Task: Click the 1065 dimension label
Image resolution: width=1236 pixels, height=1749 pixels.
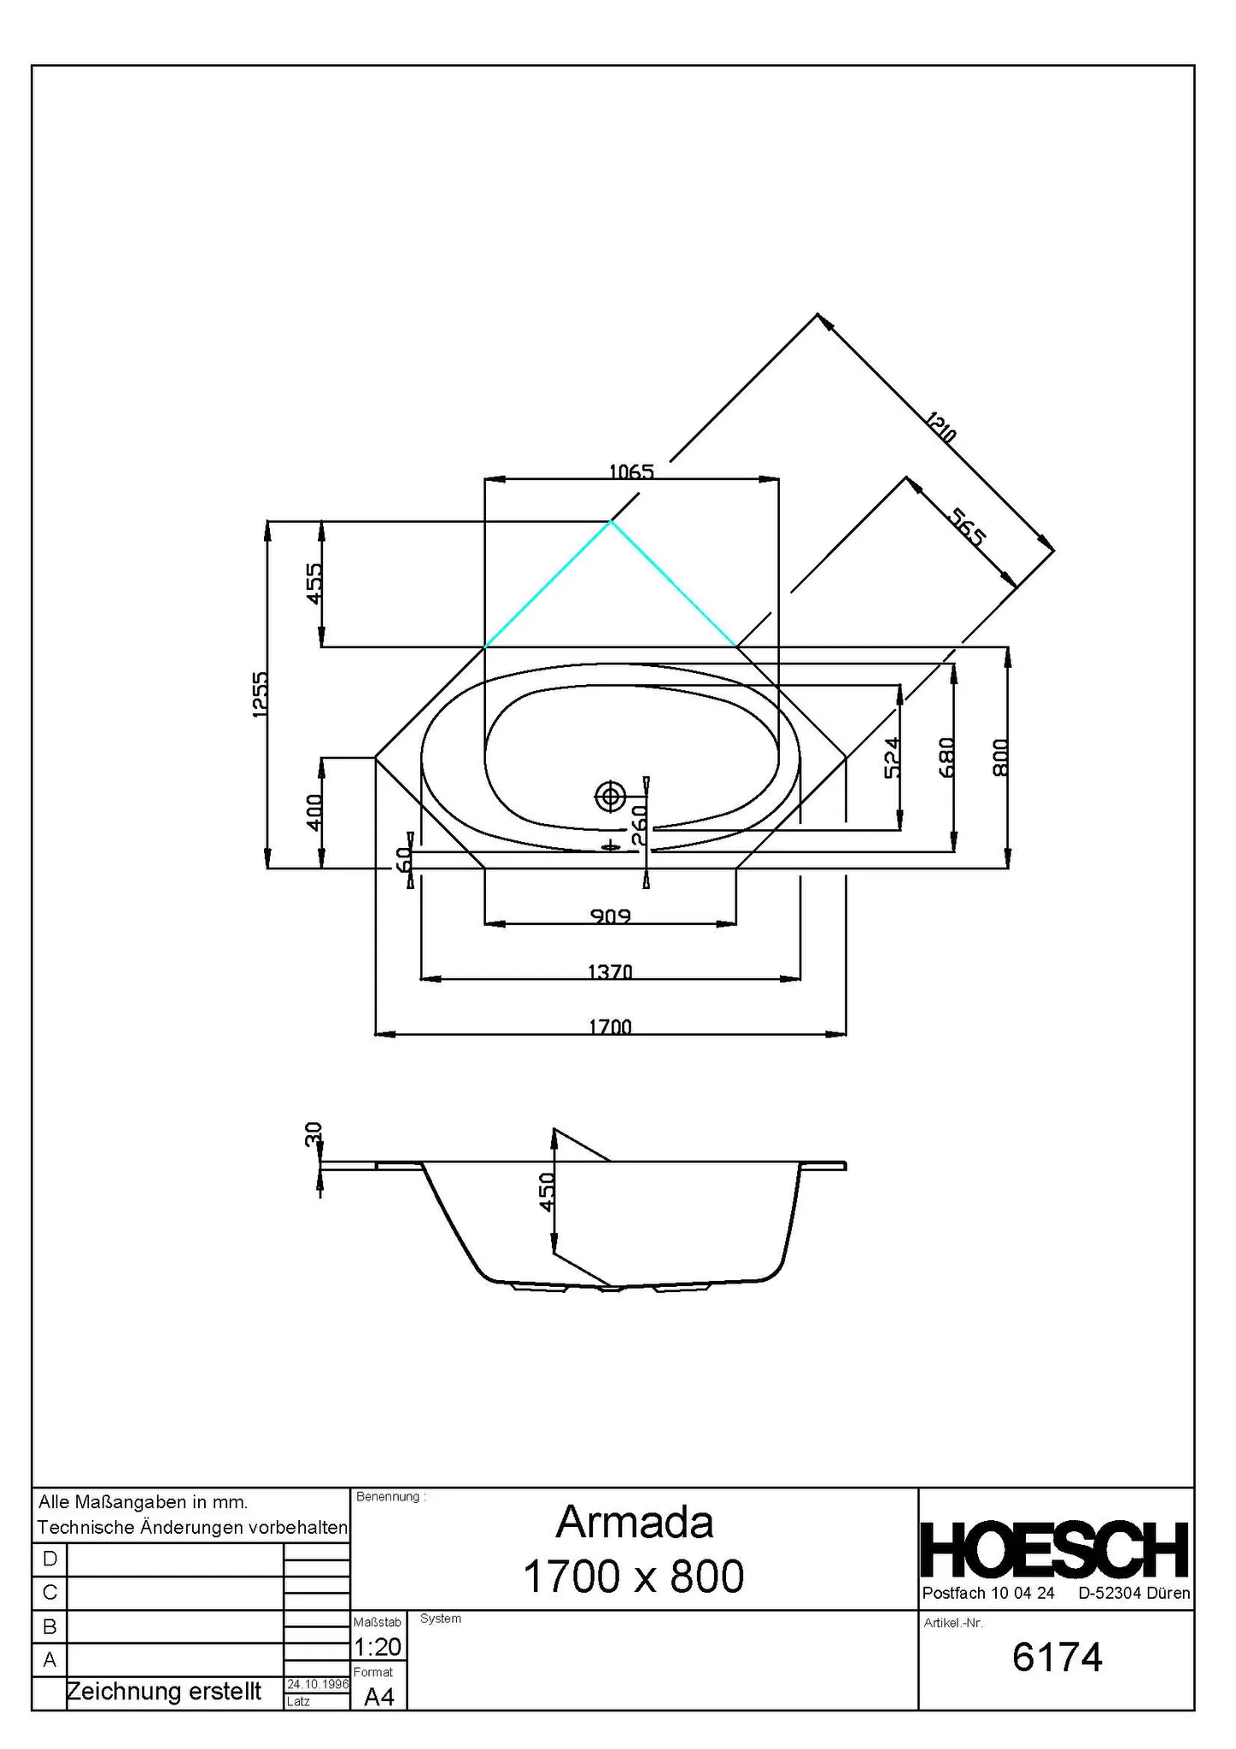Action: point(631,471)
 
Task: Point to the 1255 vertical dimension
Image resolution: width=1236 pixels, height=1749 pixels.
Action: point(261,693)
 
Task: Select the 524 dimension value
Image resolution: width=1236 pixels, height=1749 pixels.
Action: point(892,758)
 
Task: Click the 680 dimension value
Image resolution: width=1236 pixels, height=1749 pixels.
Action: point(946,758)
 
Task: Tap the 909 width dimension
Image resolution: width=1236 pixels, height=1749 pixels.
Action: point(610,916)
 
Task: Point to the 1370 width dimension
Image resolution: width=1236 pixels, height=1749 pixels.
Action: point(610,971)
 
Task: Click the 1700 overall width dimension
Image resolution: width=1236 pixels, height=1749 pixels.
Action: point(610,1027)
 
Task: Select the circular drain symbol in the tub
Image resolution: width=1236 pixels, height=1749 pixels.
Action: point(610,797)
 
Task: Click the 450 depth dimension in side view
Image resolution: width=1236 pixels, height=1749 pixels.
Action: point(548,1190)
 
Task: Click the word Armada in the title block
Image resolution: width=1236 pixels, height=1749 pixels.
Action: point(635,1522)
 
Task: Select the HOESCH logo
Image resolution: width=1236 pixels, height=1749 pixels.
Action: point(1055,1549)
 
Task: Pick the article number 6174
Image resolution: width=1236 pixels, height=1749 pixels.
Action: point(1057,1657)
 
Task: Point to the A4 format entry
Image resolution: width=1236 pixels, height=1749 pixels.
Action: point(379,1697)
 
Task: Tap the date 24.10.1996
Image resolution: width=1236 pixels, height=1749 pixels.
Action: point(318,1684)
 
